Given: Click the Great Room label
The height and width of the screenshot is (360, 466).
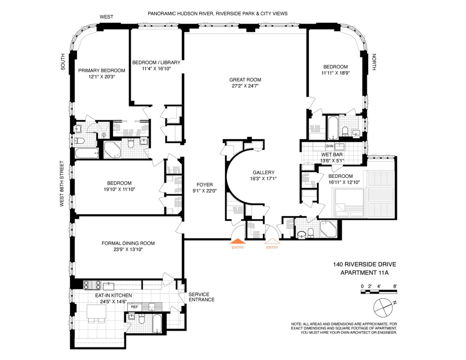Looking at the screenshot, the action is click(x=245, y=80).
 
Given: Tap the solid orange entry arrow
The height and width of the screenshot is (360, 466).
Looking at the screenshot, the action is click(x=238, y=241).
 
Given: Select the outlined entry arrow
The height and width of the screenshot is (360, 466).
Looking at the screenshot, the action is click(x=272, y=241).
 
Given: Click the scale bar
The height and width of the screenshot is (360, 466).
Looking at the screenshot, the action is click(x=379, y=292).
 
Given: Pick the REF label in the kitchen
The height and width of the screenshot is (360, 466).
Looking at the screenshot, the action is click(x=134, y=307).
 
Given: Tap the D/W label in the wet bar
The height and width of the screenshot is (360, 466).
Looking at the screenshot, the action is click(x=330, y=146).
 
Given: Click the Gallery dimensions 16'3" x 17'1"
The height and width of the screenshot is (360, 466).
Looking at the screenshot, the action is click(x=263, y=179).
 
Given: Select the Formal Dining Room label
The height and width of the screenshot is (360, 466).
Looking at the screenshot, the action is click(x=128, y=243).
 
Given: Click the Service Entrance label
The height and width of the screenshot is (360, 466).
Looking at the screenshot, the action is click(x=202, y=297).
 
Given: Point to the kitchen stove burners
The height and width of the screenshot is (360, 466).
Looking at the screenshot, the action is click(x=92, y=285).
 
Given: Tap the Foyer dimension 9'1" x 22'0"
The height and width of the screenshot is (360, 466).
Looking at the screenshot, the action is click(x=205, y=191).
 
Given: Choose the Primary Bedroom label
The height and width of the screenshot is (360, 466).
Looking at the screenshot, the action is click(x=102, y=71).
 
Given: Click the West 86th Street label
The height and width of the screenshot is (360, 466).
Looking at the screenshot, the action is click(x=62, y=184).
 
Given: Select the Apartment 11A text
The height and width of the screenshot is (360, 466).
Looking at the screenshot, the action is click(x=364, y=273).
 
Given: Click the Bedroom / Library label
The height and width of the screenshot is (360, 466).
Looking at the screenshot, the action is click(x=156, y=63).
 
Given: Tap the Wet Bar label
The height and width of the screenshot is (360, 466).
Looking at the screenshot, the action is click(x=332, y=155).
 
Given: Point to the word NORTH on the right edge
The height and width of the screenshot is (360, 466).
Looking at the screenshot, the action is click(x=374, y=62).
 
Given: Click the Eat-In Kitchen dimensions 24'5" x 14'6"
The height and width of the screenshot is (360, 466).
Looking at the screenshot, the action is click(x=113, y=302).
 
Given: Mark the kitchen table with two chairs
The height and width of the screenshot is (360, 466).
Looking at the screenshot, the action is click(x=97, y=314).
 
